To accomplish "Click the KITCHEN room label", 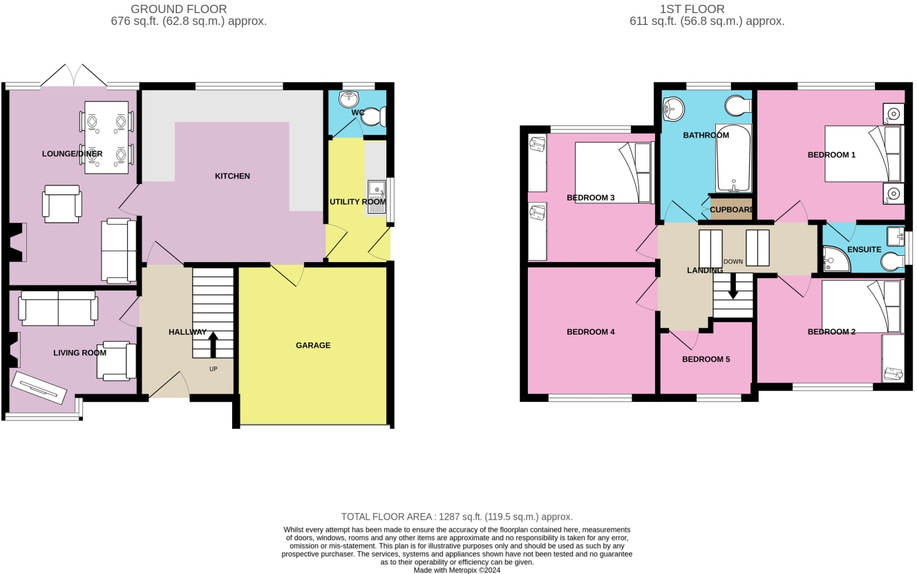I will (x=232, y=176).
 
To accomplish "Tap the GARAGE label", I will (x=313, y=345).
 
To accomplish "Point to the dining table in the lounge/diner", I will (x=106, y=137).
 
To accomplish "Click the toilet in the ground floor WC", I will (x=373, y=118).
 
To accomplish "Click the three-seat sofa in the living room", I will (x=58, y=308).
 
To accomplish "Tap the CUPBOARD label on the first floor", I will (x=731, y=209).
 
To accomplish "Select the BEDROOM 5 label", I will (x=706, y=359).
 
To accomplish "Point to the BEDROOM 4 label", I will (x=590, y=332).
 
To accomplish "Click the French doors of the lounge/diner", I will (x=73, y=76).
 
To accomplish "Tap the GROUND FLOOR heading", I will (x=178, y=9).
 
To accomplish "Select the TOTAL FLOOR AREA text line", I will (x=457, y=517).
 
